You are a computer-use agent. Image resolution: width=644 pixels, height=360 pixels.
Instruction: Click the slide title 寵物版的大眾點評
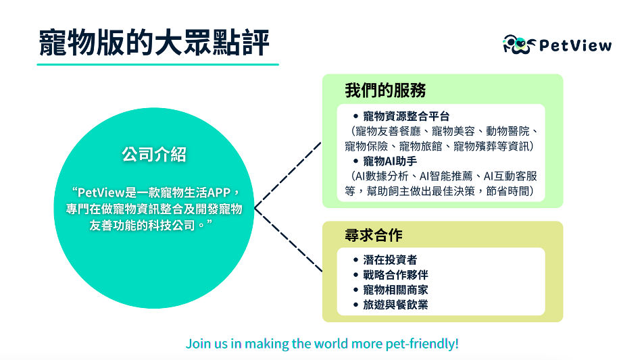click(154, 43)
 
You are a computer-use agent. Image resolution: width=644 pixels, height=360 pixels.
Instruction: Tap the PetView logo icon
click(519, 45)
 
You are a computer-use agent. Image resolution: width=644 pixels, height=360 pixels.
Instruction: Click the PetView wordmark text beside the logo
click(576, 45)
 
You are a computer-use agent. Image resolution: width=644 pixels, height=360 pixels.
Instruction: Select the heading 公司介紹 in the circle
click(154, 155)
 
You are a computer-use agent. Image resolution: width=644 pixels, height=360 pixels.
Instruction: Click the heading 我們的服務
click(385, 91)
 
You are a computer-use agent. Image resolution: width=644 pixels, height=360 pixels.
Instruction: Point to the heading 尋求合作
click(374, 235)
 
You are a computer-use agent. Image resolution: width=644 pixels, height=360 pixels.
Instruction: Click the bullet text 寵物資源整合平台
click(406, 116)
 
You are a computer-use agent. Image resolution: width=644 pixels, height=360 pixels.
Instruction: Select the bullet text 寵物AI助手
click(390, 161)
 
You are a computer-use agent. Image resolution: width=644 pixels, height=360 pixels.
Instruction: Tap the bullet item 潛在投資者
click(390, 260)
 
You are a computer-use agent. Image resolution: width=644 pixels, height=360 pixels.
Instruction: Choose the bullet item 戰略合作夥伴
click(395, 275)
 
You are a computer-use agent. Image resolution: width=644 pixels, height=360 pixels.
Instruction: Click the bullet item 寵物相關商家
click(395, 290)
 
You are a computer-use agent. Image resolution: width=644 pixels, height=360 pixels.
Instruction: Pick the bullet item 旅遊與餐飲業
click(395, 305)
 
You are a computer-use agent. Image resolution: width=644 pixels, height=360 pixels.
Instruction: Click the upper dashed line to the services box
click(288, 176)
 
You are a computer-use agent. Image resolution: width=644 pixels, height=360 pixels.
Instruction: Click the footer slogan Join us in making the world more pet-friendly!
click(322, 344)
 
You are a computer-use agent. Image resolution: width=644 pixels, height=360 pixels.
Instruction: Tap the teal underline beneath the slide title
click(157, 64)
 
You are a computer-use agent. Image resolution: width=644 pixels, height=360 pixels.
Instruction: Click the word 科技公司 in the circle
click(175, 226)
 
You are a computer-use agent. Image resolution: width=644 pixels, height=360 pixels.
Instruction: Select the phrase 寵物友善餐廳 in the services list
click(388, 131)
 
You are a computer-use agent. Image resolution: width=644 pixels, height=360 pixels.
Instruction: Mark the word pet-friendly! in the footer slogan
click(422, 344)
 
